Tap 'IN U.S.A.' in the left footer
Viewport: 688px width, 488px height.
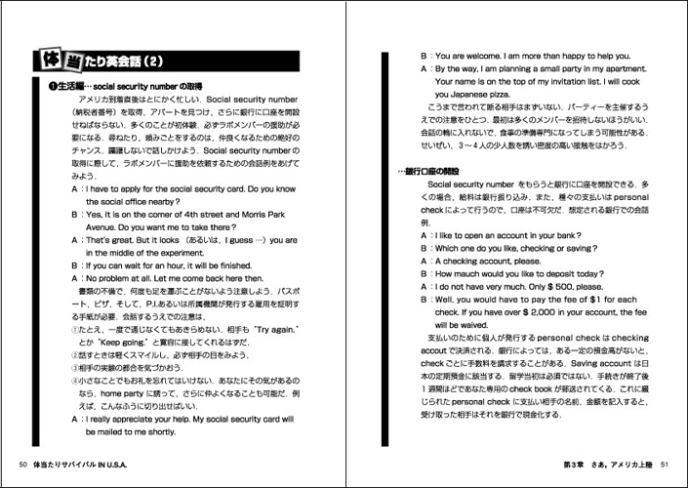tap(155, 463)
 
